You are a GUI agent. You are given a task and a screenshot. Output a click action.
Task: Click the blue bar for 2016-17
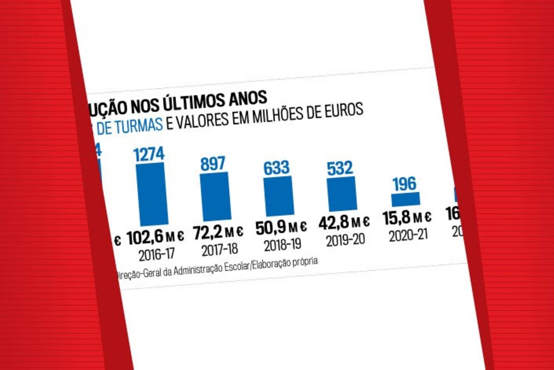pyautogui.click(x=152, y=194)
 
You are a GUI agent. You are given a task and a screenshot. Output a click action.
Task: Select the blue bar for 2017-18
pyautogui.click(x=216, y=196)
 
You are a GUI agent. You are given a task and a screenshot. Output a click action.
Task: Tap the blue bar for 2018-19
pyautogui.click(x=279, y=196)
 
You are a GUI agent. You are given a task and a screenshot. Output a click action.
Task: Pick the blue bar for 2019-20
pyautogui.click(x=342, y=194)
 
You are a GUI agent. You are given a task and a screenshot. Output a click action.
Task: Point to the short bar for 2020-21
pyautogui.click(x=406, y=199)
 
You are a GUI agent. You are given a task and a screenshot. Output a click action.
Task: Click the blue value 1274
pyautogui.click(x=149, y=154)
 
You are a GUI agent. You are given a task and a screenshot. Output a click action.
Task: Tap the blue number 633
pyautogui.click(x=276, y=168)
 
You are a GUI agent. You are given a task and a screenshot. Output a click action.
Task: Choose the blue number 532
pyautogui.click(x=340, y=168)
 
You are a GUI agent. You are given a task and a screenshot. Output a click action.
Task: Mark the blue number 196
pyautogui.click(x=404, y=184)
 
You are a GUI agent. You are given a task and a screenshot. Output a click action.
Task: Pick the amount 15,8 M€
pyautogui.click(x=407, y=218)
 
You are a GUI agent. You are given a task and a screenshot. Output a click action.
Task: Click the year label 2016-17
pyautogui.click(x=157, y=255)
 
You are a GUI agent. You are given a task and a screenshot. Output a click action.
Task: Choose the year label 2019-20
pyautogui.click(x=345, y=240)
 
